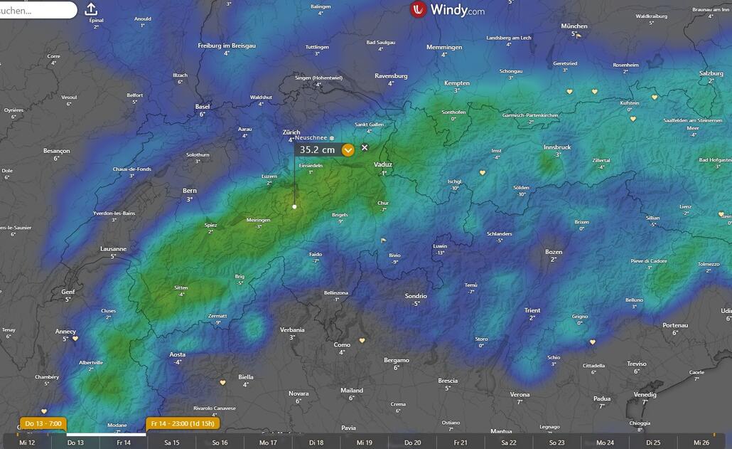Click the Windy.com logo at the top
pos(448,10)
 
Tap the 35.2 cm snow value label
pos(317,150)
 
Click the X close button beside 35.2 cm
pos(365,147)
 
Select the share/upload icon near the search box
pos(91,9)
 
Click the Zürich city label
pos(291,132)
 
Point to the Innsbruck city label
pos(557,147)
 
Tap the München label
pos(574,26)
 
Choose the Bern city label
pos(190,191)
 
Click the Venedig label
pos(645,394)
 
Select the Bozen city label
pos(554,252)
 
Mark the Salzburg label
pos(711,73)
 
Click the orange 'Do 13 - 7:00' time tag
pos(43,424)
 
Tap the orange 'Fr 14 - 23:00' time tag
pos(183,424)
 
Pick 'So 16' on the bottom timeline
pos(220,443)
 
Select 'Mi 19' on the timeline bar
pos(365,443)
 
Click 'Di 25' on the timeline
pos(653,443)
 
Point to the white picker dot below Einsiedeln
pos(295,207)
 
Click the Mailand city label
pos(352,390)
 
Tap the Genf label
pos(68,292)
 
